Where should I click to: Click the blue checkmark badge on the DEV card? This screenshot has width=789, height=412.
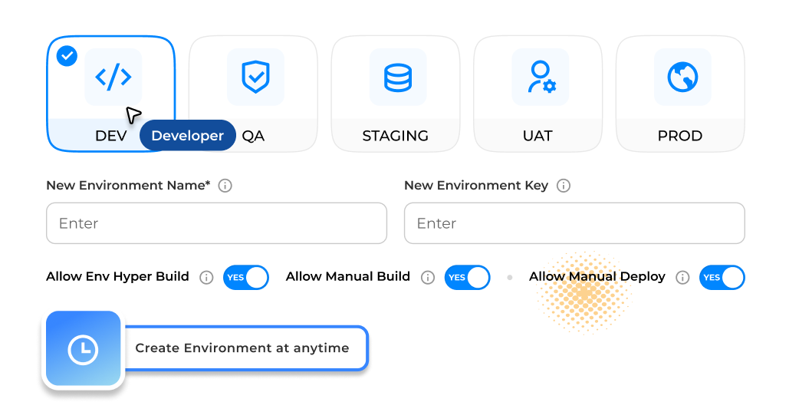click(67, 56)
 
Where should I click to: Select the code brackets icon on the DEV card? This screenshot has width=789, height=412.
click(113, 77)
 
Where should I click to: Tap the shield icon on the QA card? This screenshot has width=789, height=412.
click(255, 77)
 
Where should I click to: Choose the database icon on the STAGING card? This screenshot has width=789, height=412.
click(397, 77)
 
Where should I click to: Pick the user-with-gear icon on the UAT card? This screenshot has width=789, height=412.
click(541, 77)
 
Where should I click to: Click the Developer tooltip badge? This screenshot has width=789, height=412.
click(187, 136)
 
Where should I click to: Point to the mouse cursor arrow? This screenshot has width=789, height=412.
click(133, 115)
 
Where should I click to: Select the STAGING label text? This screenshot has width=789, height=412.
click(395, 136)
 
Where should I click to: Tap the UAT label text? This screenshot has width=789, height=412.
click(537, 136)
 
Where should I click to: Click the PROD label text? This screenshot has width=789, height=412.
click(679, 136)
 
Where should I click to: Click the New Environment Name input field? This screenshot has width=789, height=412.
click(216, 223)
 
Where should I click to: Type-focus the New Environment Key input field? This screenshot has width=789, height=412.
click(574, 223)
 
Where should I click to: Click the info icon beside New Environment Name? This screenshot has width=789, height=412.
click(225, 186)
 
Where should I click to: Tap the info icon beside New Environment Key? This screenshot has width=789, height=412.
click(564, 186)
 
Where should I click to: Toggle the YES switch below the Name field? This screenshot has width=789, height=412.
click(246, 277)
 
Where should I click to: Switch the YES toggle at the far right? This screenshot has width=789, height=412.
click(722, 277)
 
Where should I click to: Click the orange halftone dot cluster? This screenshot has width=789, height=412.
click(584, 292)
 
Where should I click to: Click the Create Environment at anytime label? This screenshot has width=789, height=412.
click(242, 348)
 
